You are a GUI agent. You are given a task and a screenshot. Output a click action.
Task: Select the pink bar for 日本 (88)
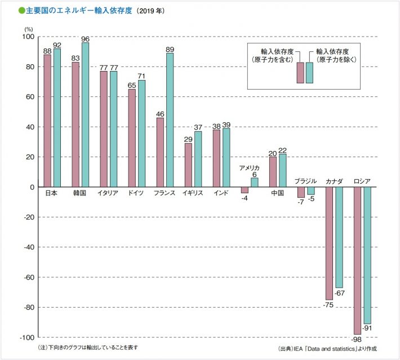coord(47,121)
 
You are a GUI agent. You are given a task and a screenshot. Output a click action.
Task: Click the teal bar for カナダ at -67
coord(339,237)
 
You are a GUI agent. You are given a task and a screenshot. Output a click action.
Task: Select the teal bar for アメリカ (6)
coord(254,183)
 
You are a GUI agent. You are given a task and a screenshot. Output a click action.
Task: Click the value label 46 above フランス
coord(160,113)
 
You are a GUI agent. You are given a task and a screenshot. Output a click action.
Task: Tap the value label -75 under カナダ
coord(328,305)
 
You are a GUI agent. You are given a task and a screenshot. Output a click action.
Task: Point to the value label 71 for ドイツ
coord(142,75)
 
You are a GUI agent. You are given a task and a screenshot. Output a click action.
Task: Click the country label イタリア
coord(108,193)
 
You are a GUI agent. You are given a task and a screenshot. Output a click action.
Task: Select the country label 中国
coord(277,193)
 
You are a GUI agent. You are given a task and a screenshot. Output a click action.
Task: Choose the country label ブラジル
coord(305,181)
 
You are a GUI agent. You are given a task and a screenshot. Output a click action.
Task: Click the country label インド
coord(221,193)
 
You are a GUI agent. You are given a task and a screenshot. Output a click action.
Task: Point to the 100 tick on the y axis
coord(26,37)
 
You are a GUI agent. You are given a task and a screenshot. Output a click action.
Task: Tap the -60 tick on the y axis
coord(26,277)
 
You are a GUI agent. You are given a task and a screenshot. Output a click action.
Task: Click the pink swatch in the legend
coord(301,73)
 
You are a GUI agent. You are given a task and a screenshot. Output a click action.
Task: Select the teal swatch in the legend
coord(309,73)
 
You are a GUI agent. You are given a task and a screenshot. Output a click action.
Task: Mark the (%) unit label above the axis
coord(29,29)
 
